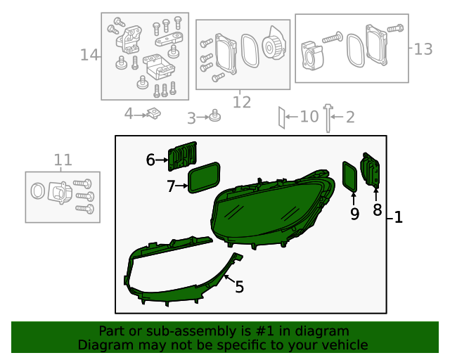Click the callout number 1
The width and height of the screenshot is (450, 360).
[x=398, y=218]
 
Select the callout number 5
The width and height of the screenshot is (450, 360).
[x=239, y=287]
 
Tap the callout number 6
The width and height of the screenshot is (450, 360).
[x=150, y=160]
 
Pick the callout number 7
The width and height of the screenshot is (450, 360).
[x=171, y=186]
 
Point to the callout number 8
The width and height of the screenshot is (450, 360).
[x=377, y=210]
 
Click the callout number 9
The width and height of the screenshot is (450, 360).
[x=354, y=214]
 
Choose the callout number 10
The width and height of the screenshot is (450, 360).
[x=309, y=117]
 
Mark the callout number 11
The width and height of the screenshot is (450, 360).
[x=63, y=160]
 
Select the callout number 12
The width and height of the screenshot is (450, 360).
[x=241, y=103]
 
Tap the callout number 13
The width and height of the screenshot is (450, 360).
[x=423, y=49]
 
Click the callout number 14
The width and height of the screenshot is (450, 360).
[x=89, y=55]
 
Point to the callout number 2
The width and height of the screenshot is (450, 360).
[x=349, y=117]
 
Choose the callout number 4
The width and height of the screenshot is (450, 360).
[x=129, y=113]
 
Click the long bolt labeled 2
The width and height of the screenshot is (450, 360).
[x=328, y=118]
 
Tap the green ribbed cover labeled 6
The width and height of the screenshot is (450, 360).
[x=183, y=155]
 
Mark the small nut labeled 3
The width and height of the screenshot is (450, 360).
[x=214, y=117]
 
